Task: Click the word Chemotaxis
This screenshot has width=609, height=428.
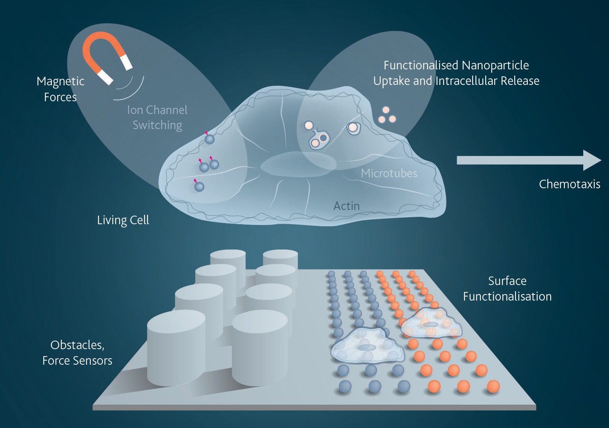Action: [x=569, y=184]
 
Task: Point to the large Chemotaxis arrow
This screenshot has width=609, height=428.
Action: [x=529, y=160]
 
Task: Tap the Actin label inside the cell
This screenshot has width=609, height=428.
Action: [x=346, y=206]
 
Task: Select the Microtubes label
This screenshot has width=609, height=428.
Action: [x=389, y=173]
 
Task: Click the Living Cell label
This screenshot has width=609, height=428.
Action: [x=123, y=220]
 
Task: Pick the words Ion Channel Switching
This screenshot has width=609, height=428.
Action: [x=157, y=118]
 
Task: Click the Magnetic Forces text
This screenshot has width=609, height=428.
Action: [x=60, y=89]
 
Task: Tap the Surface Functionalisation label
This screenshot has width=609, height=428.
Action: [x=507, y=288]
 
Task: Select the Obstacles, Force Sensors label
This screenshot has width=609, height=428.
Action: [x=77, y=353]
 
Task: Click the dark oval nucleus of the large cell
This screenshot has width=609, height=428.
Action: [x=298, y=164]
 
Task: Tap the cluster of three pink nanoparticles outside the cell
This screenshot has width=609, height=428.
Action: [x=387, y=115]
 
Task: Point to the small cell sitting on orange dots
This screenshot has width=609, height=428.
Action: [x=431, y=323]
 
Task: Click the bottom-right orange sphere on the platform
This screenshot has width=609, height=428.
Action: [x=493, y=386]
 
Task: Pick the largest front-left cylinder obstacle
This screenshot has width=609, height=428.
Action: [x=176, y=348]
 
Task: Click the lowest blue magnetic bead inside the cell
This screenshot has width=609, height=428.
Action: [x=199, y=187]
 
